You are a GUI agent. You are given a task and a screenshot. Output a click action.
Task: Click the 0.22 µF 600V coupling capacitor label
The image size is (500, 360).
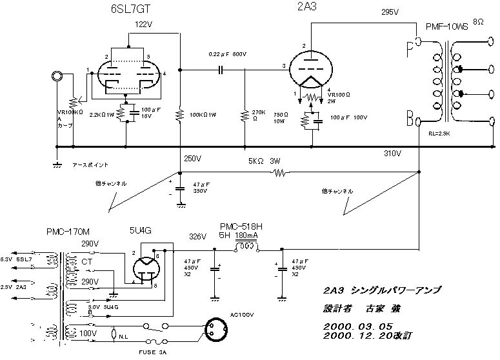click(x=228, y=54)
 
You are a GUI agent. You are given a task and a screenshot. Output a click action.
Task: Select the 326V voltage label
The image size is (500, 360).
click(x=197, y=236)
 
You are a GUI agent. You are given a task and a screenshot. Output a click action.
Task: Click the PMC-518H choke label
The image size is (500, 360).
click(x=240, y=227)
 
